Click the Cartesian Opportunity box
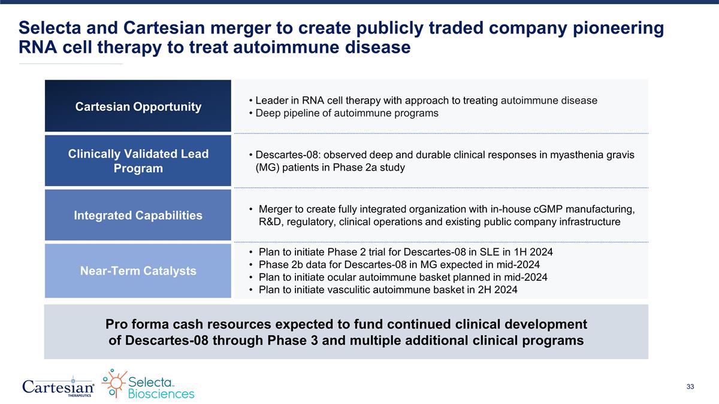pyautogui.click(x=138, y=107)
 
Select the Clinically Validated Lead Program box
pyautogui.click(x=138, y=161)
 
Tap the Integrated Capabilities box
pyautogui.click(x=138, y=215)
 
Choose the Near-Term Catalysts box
pyautogui.click(x=138, y=271)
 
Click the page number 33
pyautogui.click(x=690, y=387)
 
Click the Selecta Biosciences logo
pyautogui.click(x=148, y=384)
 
